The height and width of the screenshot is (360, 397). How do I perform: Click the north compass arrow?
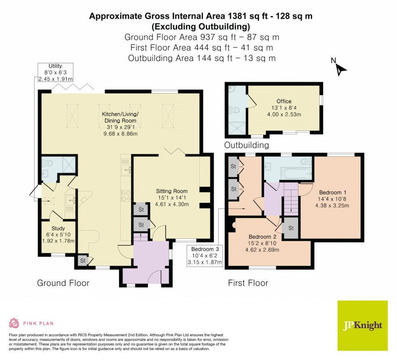pyautogui.click(x=342, y=69)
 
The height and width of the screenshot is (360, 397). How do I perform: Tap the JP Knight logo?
pyautogui.click(x=363, y=325)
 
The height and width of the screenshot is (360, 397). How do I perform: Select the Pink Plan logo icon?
pyautogui.click(x=14, y=323)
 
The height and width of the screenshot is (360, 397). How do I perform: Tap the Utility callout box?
pyautogui.click(x=55, y=72)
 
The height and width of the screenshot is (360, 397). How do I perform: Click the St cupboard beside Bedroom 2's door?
pyautogui.click(x=290, y=228)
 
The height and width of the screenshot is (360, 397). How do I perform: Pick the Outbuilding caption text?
pyautogui.click(x=247, y=145)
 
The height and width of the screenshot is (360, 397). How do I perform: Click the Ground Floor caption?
pyautogui.click(x=63, y=283)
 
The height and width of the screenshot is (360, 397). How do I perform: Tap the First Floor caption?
pyautogui.click(x=248, y=283)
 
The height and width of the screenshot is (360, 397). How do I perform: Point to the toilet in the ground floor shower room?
pyautogui.click(x=49, y=164)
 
